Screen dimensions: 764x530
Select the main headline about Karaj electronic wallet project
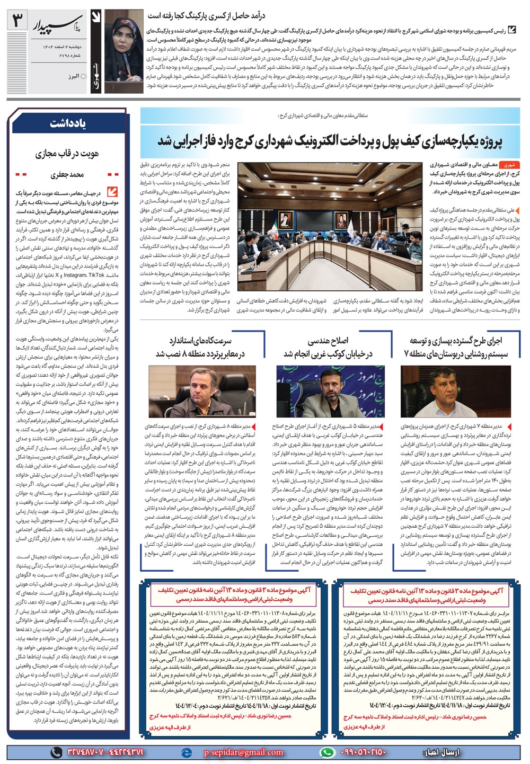(x=330, y=141)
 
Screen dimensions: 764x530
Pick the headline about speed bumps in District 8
(x=200, y=347)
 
